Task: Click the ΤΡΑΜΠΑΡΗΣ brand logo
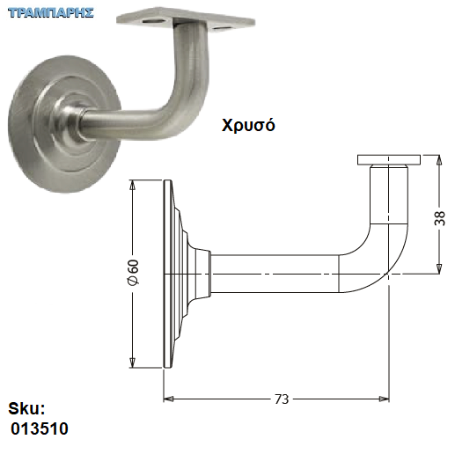click(x=51, y=13)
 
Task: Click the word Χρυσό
click(x=248, y=125)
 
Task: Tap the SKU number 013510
click(x=40, y=428)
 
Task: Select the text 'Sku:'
click(x=26, y=408)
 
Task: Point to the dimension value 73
click(x=282, y=399)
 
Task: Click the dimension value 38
click(x=439, y=218)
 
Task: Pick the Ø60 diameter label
click(x=133, y=272)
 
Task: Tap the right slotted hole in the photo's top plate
click(x=222, y=28)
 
